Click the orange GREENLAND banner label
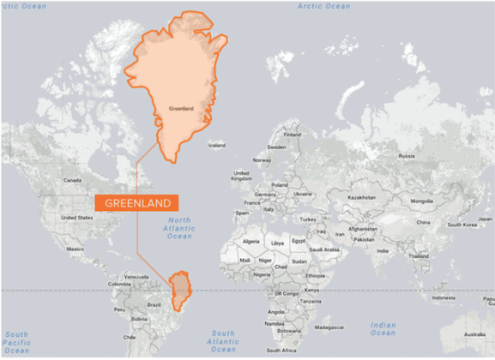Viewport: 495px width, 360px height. coord(138,203)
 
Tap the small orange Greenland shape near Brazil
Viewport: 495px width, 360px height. coord(181,290)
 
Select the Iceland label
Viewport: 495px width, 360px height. coord(216,146)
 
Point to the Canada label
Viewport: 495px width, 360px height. coord(72,181)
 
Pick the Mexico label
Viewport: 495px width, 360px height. coord(75,249)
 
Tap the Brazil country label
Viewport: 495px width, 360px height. coord(155,305)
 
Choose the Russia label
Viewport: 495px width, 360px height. coord(407,156)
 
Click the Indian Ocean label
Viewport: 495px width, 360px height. coord(383,329)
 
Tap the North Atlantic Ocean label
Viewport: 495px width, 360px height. coord(180,228)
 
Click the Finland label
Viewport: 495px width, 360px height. coord(293,135)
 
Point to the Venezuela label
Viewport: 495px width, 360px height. coord(136,278)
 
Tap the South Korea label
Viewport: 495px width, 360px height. coord(461,225)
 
